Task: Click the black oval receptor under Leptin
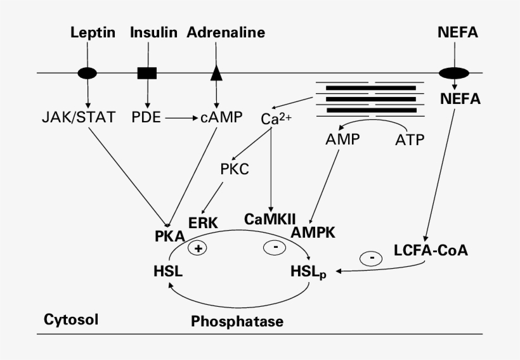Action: pos(88,73)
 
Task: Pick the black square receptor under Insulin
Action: pos(147,73)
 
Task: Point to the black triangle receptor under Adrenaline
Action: pos(217,72)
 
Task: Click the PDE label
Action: pos(147,118)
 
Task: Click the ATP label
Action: pos(410,138)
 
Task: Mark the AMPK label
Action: pos(313,233)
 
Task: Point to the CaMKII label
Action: pos(270,219)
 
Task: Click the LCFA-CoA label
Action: pos(431,250)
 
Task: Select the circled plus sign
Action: pos(198,248)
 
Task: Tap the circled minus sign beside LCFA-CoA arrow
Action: pos(371,259)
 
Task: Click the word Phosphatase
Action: pos(237,321)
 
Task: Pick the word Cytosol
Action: pos(71,318)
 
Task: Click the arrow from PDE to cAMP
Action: pos(180,118)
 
